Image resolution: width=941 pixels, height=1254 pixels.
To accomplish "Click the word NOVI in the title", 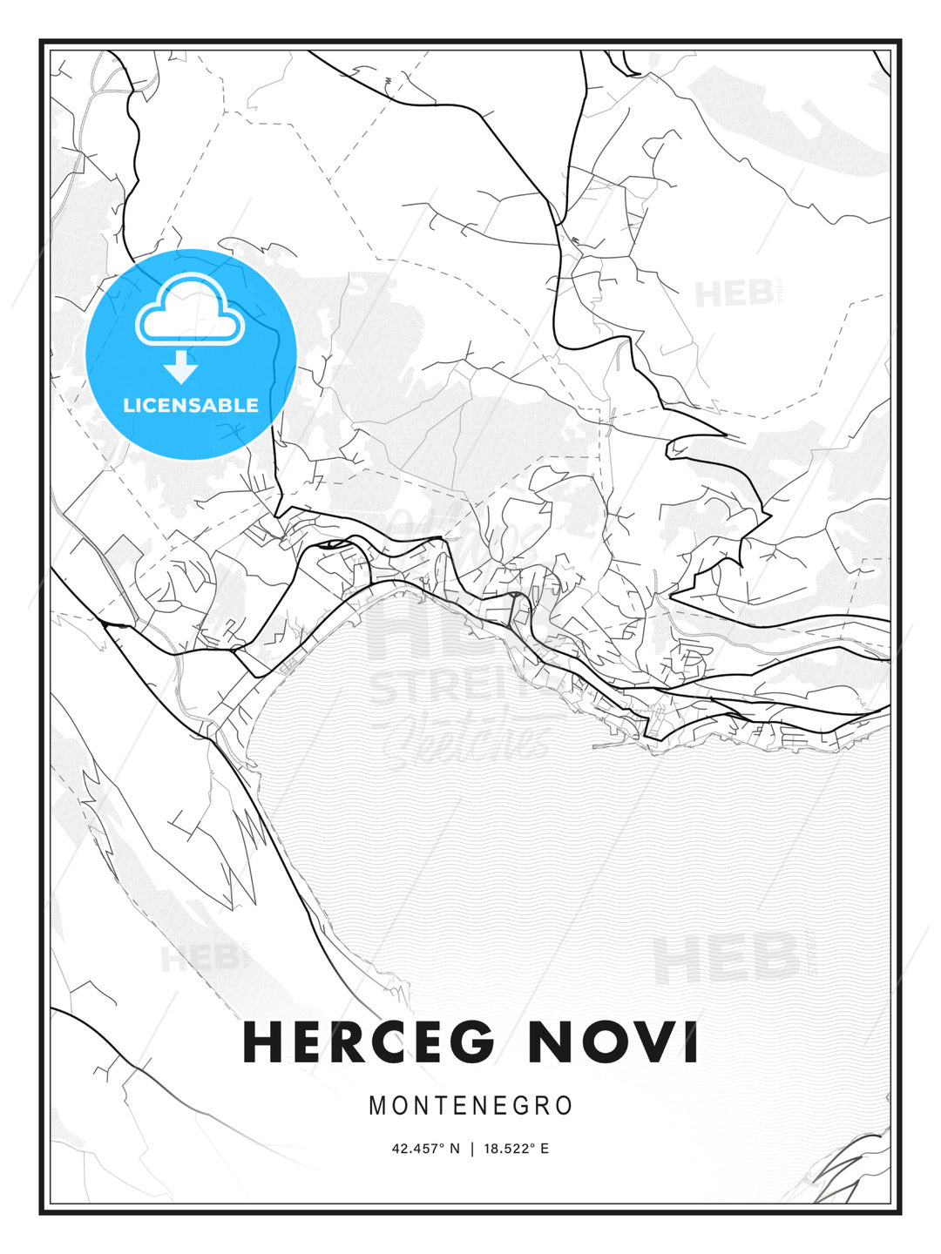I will click(x=613, y=1042).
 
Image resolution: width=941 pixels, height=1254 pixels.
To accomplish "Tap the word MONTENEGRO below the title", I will click(x=470, y=1106).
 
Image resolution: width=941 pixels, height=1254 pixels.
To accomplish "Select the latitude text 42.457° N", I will click(x=425, y=1149).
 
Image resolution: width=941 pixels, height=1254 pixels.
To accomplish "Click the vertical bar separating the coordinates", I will click(x=471, y=1149).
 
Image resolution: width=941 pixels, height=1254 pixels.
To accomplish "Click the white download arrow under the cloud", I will click(x=181, y=367).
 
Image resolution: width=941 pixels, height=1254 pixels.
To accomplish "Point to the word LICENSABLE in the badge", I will click(x=191, y=405).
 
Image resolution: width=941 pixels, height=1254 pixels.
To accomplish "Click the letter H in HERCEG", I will click(x=262, y=1042).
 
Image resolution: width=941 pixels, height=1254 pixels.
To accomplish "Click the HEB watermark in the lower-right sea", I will click(x=725, y=958).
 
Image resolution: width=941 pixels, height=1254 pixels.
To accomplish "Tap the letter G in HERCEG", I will click(x=471, y=1042).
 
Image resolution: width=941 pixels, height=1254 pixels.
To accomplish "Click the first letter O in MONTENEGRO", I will click(x=400, y=1106).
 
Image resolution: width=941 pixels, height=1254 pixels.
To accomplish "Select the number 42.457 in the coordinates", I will click(x=414, y=1149).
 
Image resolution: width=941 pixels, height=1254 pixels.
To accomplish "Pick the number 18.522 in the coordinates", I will click(x=506, y=1149).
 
